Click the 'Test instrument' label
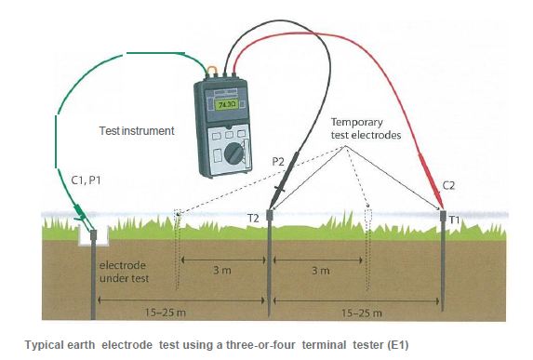coord(137,131)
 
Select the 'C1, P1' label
coord(87,178)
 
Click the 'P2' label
coord(278,161)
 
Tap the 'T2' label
coord(253,218)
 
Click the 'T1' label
coord(455,219)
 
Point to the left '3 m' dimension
coord(222,270)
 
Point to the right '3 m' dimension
coord(320,271)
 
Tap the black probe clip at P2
coord(280,191)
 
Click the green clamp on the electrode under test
coord(82,220)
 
